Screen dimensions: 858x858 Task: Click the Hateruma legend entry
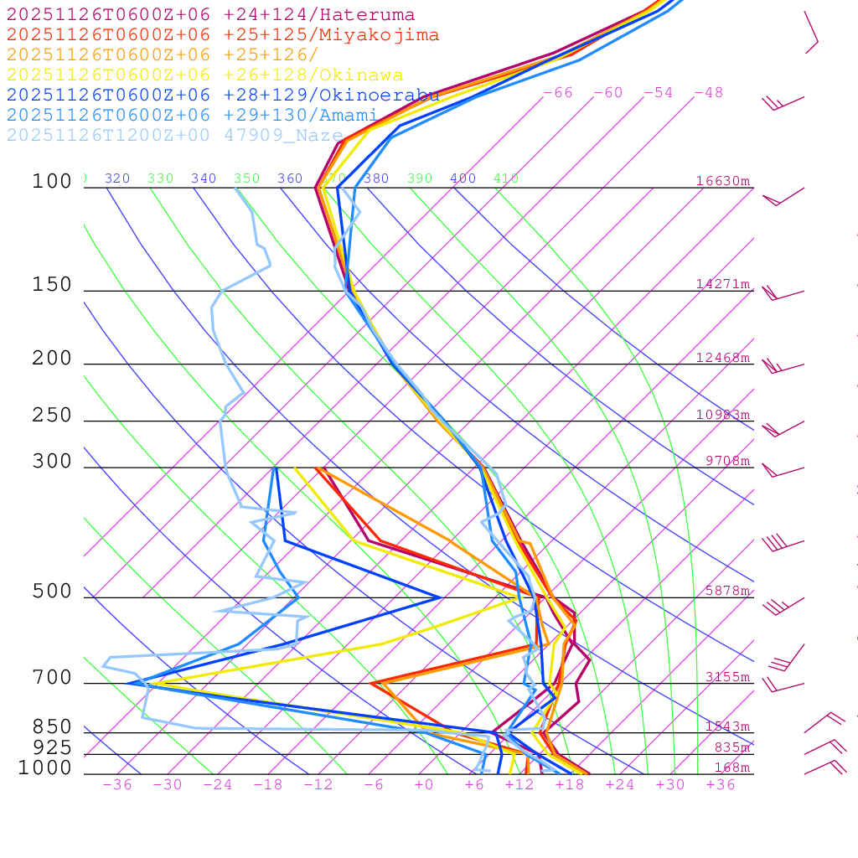point(210,14)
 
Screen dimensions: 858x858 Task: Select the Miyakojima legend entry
point(223,34)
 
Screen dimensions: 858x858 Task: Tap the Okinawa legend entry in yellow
point(204,75)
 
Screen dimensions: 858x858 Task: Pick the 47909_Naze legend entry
point(175,135)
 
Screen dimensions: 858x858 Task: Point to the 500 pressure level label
point(52,592)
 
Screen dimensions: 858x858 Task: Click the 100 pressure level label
point(52,181)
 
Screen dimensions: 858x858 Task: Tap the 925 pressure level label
point(52,747)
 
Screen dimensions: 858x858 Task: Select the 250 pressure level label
point(52,416)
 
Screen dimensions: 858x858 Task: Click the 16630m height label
point(723,181)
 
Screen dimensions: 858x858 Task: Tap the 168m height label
point(732,768)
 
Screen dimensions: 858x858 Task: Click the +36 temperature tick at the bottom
point(721,784)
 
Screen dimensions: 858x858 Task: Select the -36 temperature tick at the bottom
point(117,784)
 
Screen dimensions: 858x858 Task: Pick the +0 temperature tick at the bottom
point(424,784)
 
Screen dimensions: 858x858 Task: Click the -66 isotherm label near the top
point(558,92)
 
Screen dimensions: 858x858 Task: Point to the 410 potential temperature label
point(506,178)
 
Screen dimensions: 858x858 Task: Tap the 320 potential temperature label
point(117,178)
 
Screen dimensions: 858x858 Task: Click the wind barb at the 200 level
point(779,366)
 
